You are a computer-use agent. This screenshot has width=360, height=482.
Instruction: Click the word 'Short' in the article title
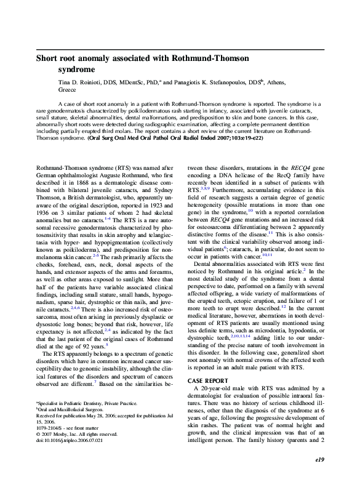[x=48, y=59]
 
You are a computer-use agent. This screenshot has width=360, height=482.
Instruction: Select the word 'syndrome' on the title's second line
[x=79, y=70]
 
